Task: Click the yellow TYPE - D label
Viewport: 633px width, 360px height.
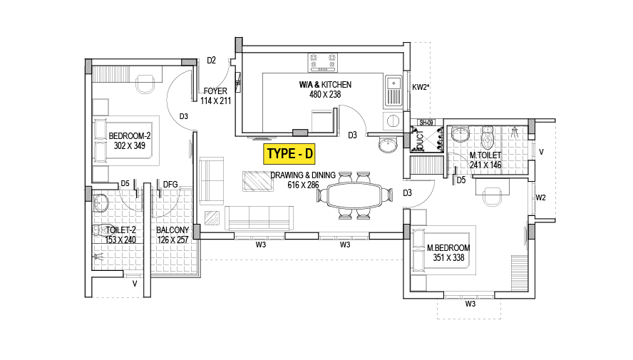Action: pyautogui.click(x=289, y=154)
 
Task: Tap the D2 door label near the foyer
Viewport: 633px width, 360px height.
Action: pyautogui.click(x=211, y=61)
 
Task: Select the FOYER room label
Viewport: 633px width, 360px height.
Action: pyautogui.click(x=215, y=91)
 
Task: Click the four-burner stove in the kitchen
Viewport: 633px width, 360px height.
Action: pyautogui.click(x=322, y=63)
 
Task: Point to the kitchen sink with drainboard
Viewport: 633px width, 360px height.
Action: pyautogui.click(x=393, y=91)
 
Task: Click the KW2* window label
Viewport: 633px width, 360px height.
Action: pyautogui.click(x=421, y=87)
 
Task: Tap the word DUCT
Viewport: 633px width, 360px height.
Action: pyautogui.click(x=421, y=140)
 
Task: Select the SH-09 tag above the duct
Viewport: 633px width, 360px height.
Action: pyautogui.click(x=426, y=123)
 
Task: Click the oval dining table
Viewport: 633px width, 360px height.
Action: pyautogui.click(x=354, y=195)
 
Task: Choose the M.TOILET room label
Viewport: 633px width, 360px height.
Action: pyautogui.click(x=485, y=155)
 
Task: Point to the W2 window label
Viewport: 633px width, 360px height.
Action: pyautogui.click(x=540, y=197)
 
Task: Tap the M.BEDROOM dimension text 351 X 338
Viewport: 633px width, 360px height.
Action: pyautogui.click(x=448, y=257)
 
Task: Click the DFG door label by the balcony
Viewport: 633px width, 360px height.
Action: pyautogui.click(x=170, y=185)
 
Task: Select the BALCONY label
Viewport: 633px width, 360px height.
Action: pyautogui.click(x=173, y=230)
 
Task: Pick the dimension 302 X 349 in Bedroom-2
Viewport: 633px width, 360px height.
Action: pyautogui.click(x=129, y=145)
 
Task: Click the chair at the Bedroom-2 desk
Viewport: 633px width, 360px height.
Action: pyautogui.click(x=145, y=84)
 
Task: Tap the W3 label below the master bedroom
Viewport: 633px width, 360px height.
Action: pyautogui.click(x=470, y=304)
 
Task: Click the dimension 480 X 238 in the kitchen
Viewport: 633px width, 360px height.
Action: pyautogui.click(x=325, y=94)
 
